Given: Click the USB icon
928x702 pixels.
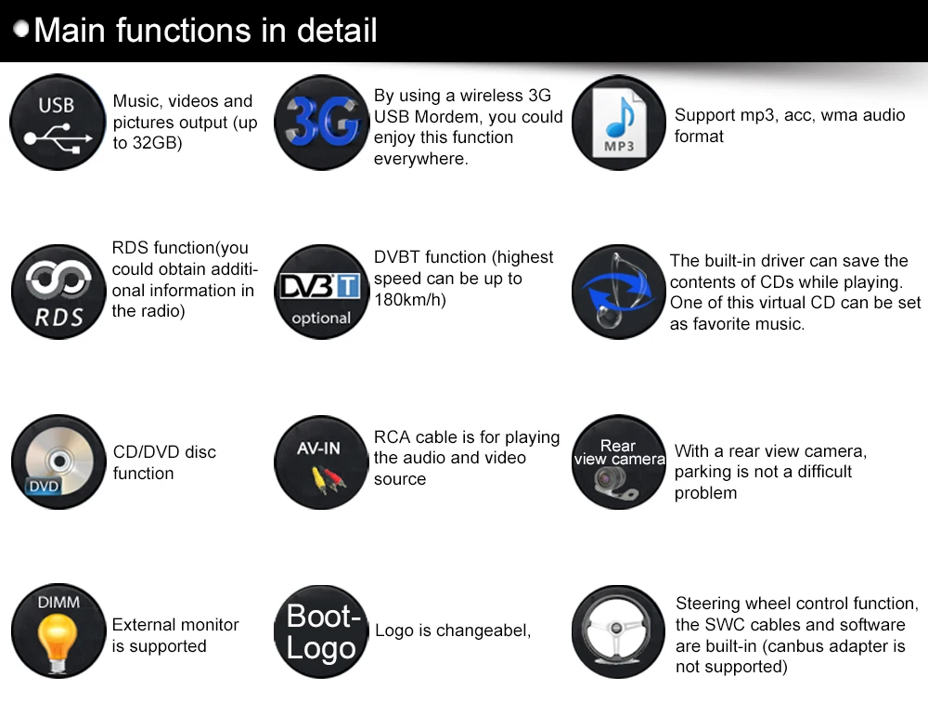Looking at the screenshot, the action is pyautogui.click(x=57, y=123).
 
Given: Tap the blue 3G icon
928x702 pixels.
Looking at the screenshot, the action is pyautogui.click(x=322, y=123).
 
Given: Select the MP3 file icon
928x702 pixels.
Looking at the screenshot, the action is pyautogui.click(x=618, y=123).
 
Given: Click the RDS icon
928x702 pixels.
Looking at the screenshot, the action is pyautogui.click(x=57, y=292).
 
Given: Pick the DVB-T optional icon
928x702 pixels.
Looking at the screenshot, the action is pyautogui.click(x=321, y=292).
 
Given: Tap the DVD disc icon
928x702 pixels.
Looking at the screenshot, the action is pyautogui.click(x=58, y=461).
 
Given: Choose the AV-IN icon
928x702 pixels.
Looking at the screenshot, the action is pyautogui.click(x=321, y=461).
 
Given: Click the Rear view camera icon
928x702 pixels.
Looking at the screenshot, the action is pyautogui.click(x=619, y=461).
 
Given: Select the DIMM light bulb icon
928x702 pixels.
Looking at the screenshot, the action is pyautogui.click(x=58, y=630).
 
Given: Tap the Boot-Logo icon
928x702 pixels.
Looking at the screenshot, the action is pyautogui.click(x=321, y=631).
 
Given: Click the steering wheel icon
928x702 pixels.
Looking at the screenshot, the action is pyautogui.click(x=619, y=630).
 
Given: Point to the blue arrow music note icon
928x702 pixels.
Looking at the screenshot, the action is pyautogui.click(x=618, y=292).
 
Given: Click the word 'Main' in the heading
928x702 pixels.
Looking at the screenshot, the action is pyautogui.click(x=70, y=31).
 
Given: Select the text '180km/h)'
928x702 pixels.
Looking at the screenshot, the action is pyautogui.click(x=410, y=300).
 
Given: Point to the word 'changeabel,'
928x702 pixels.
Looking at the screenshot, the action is pyautogui.click(x=483, y=631).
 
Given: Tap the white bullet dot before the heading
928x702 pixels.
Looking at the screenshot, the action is pyautogui.click(x=21, y=30).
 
